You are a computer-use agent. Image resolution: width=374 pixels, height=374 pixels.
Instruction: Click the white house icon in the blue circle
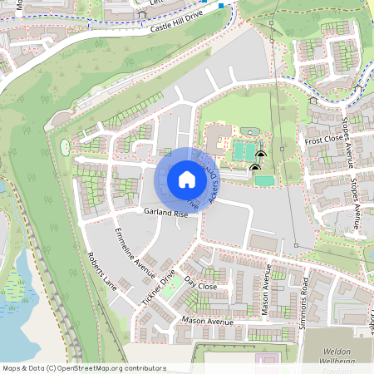(186, 180)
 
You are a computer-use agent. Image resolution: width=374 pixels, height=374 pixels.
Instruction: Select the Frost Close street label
(322, 140)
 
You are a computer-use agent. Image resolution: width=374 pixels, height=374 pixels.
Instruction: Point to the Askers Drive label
(215, 182)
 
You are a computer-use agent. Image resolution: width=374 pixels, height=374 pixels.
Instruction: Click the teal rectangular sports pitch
(263, 180)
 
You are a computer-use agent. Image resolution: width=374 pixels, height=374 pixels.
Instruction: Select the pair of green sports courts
(244, 151)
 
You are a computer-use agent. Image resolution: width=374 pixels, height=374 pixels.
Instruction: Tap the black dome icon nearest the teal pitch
(253, 169)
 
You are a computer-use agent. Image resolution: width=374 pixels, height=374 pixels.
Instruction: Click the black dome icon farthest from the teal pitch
(261, 154)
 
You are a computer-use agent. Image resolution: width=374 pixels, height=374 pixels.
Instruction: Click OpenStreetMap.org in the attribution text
(95, 368)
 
